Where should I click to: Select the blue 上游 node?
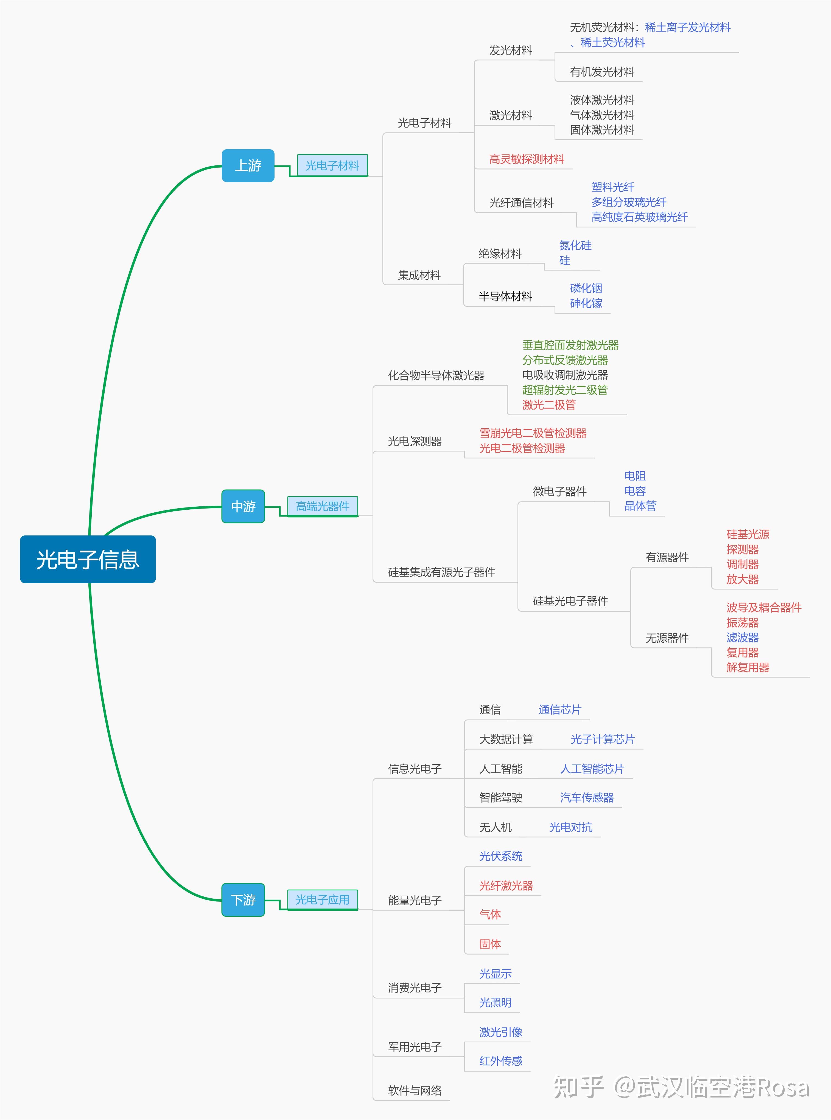click(248, 165)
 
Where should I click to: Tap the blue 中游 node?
click(243, 506)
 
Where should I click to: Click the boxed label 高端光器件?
click(323, 506)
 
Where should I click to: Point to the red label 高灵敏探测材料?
click(527, 159)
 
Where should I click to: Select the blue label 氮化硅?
click(575, 245)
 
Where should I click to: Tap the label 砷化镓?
click(586, 303)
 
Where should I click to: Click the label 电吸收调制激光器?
click(565, 375)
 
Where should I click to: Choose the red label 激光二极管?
click(549, 405)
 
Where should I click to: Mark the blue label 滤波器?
click(743, 637)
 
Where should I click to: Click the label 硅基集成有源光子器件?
click(441, 572)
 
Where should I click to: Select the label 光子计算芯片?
click(603, 739)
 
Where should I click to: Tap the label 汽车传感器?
click(586, 798)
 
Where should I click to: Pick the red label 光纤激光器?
click(506, 886)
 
